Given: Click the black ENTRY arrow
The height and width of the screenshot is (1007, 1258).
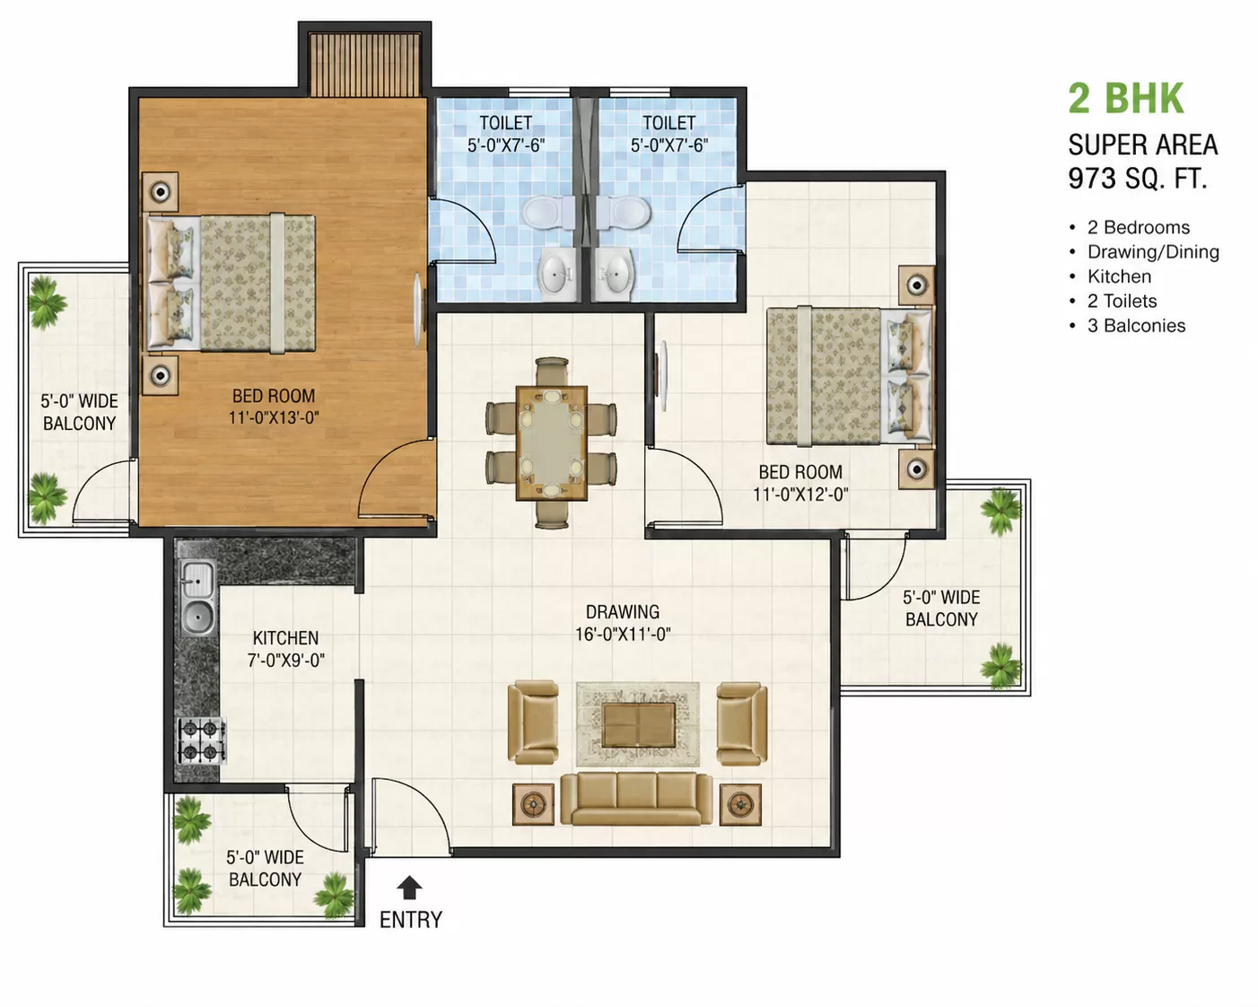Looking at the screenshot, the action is [409, 887].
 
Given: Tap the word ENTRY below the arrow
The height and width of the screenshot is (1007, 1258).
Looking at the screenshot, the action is [411, 920].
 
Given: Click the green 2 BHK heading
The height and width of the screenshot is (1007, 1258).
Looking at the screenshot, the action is [1126, 98].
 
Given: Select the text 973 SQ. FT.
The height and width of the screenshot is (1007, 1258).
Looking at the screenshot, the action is [1138, 178].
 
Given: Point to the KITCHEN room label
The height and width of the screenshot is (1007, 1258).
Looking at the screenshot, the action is [285, 637].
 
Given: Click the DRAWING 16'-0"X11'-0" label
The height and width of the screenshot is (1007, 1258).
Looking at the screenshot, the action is [623, 623].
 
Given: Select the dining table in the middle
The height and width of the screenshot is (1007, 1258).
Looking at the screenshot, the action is [552, 442].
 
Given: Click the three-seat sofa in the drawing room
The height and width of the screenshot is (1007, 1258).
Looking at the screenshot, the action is [636, 799].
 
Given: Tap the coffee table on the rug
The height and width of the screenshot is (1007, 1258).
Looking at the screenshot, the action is [638, 725].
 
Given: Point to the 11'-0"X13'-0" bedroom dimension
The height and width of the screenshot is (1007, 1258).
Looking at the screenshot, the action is [274, 417].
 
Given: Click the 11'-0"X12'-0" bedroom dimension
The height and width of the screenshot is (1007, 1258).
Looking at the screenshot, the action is [800, 495].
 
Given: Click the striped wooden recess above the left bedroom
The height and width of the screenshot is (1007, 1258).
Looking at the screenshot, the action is [365, 64].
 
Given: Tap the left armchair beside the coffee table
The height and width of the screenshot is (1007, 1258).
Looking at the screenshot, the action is [533, 722].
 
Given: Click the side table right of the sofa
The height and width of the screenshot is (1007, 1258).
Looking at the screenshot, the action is [740, 805].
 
